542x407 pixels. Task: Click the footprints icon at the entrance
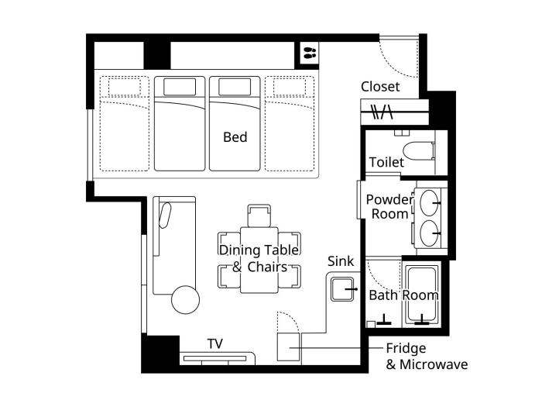310,53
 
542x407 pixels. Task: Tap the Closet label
380,87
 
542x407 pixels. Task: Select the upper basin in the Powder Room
429,203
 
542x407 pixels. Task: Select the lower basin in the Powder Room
429,233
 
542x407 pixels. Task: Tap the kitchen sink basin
342,289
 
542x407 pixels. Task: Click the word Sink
341,261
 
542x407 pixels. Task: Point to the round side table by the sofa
186,300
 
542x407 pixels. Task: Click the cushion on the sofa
165,216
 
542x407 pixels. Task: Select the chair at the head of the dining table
259,216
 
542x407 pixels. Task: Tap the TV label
215,344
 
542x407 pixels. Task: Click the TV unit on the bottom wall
218,358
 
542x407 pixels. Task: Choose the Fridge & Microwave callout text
427,356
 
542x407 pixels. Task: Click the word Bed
235,137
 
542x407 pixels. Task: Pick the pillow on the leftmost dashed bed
125,87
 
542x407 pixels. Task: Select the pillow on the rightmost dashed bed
290,87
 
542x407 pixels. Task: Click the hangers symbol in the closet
382,112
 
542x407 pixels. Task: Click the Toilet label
386,162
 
